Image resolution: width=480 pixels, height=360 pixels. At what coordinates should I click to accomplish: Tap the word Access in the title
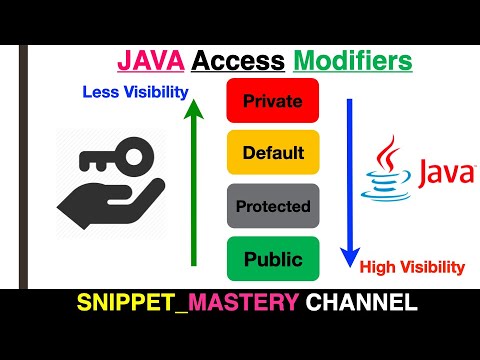tap(236, 61)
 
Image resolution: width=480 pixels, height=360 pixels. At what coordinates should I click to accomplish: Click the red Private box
tap(272, 101)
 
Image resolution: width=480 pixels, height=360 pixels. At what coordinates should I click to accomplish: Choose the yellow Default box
tap(272, 154)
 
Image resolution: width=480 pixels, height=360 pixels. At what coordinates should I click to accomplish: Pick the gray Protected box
tap(272, 207)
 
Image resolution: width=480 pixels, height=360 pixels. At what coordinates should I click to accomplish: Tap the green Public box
tap(272, 260)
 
